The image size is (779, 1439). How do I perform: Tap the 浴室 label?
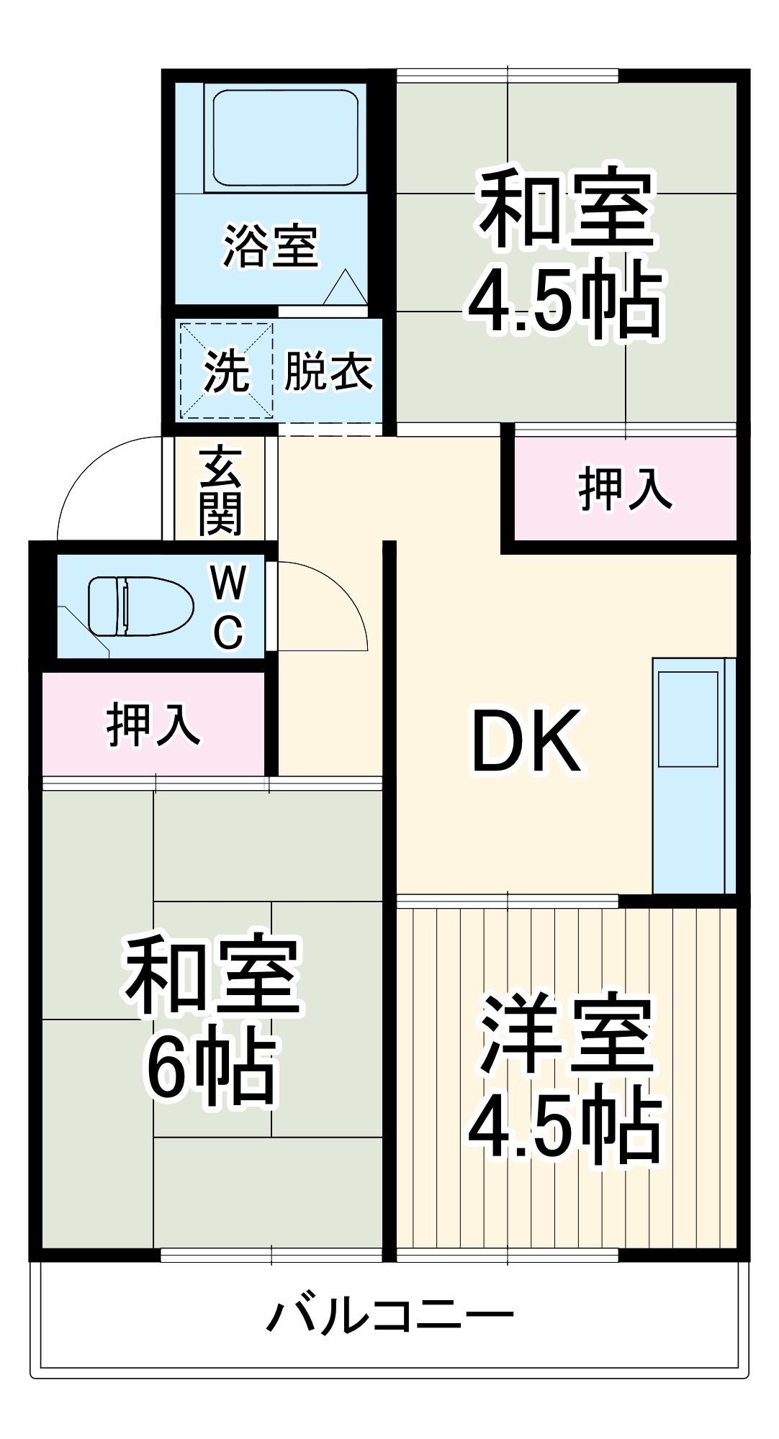click(271, 246)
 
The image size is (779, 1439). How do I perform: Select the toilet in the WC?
click(141, 606)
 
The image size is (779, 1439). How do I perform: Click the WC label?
click(229, 606)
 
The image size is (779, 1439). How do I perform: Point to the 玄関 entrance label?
click(220, 491)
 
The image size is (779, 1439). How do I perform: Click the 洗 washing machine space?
click(226, 371)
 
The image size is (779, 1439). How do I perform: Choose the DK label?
click(526, 741)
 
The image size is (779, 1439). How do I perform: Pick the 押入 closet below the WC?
click(153, 725)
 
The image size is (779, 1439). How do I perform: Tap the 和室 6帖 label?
click(212, 1022)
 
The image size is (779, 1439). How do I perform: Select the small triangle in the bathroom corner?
click(345, 288)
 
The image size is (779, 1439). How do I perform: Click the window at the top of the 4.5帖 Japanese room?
click(508, 75)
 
